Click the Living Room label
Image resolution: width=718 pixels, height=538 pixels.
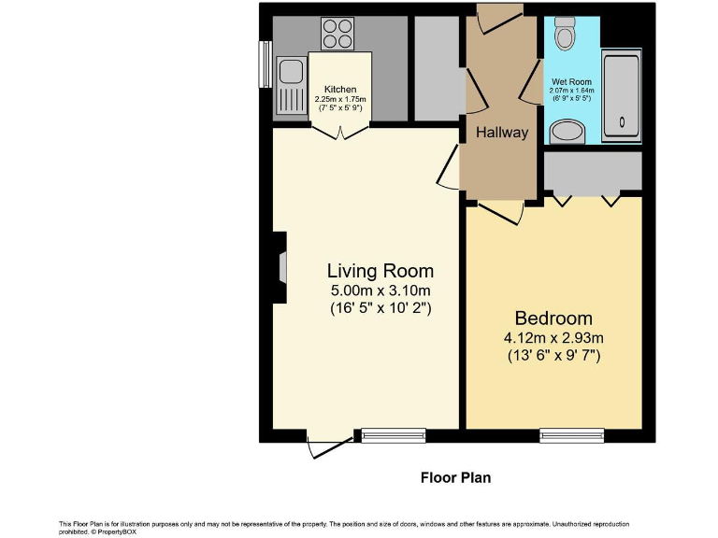click(381, 271)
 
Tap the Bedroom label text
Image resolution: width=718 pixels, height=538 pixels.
click(553, 318)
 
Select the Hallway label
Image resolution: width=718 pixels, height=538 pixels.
click(502, 133)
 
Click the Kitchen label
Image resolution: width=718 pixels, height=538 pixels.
click(340, 90)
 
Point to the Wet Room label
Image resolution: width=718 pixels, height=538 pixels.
click(571, 82)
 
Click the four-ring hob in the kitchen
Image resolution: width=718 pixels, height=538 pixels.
click(337, 34)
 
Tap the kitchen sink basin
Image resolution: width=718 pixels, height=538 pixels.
click(291, 72)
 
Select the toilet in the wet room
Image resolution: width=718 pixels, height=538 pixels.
click(565, 33)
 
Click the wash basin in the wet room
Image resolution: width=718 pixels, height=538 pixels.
click(567, 132)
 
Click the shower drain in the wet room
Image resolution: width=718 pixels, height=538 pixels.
click(622, 122)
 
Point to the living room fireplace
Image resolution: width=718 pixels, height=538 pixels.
click(280, 268)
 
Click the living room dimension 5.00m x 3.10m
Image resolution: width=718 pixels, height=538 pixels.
click(381, 290)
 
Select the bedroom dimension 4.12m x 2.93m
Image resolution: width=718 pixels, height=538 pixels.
click(553, 338)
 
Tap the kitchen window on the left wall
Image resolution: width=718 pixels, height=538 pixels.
click(266, 64)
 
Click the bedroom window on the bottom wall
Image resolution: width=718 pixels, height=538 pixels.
click(572, 435)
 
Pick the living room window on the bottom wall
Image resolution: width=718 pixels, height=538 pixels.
click(394, 435)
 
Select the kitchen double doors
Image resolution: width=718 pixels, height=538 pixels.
click(340, 132)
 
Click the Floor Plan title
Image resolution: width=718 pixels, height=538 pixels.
click(455, 477)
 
